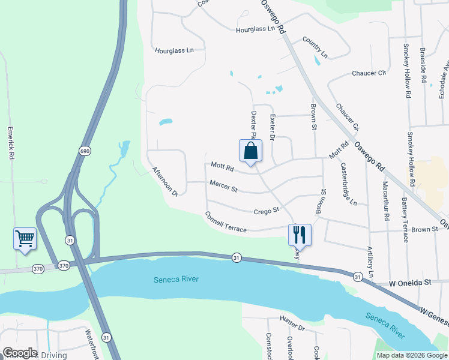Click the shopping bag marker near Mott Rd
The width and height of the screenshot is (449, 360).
tap(251, 151)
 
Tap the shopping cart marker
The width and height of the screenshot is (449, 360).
tap(25, 238)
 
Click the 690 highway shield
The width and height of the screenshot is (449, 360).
tap(85, 151)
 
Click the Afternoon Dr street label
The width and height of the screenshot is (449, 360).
tap(165, 182)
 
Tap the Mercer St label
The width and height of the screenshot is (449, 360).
tap(223, 187)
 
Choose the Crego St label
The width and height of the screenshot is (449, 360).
tap(267, 211)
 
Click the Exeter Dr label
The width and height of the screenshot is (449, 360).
tap(272, 128)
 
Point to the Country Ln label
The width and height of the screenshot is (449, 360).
tap(315, 47)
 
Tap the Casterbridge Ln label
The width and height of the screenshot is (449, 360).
tap(348, 184)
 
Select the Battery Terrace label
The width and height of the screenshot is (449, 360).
tap(406, 220)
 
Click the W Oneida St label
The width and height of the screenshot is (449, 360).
tap(410, 282)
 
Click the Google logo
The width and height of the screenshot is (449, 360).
tap(20, 353)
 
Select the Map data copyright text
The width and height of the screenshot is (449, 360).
tap(411, 355)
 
